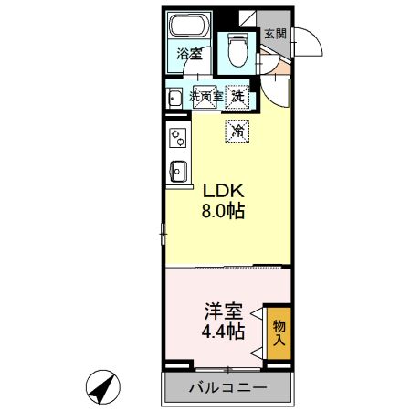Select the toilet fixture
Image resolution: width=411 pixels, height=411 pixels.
point(237,47)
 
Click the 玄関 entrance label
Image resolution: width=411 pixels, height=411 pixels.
point(274,34)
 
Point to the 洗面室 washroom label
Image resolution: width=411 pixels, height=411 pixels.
point(206,95)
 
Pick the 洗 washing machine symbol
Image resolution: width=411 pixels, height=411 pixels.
point(237,95)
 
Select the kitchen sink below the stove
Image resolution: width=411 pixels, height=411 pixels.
point(177,170)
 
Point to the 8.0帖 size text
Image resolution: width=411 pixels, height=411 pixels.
point(224,212)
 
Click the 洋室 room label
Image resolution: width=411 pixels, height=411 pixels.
point(224,311)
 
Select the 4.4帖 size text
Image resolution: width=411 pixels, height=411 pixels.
point(224,331)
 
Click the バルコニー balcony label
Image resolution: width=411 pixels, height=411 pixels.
point(227,387)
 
